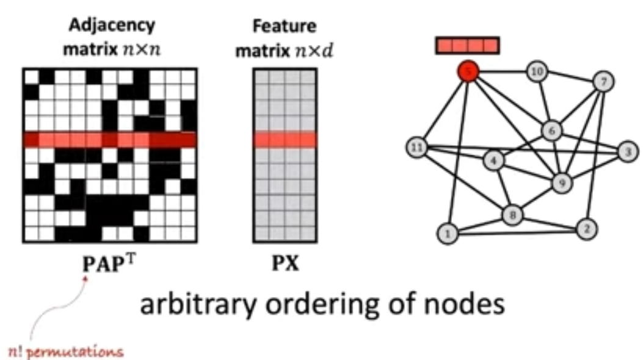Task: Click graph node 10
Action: (x=537, y=71)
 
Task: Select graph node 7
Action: (x=604, y=81)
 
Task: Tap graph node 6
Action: (x=551, y=131)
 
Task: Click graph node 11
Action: (x=417, y=147)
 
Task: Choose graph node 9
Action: (x=562, y=181)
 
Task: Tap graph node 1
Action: (x=448, y=232)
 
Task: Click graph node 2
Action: (x=586, y=228)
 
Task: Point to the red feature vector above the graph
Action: (x=467, y=46)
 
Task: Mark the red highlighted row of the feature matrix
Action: (x=285, y=140)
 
